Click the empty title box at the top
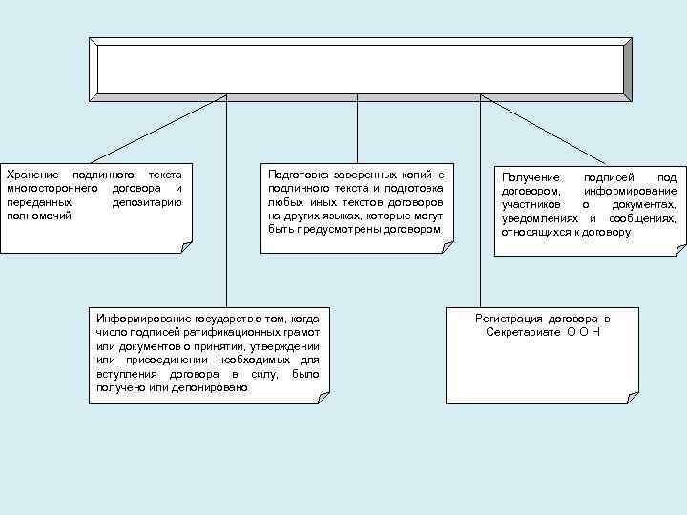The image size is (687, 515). (x=360, y=68)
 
